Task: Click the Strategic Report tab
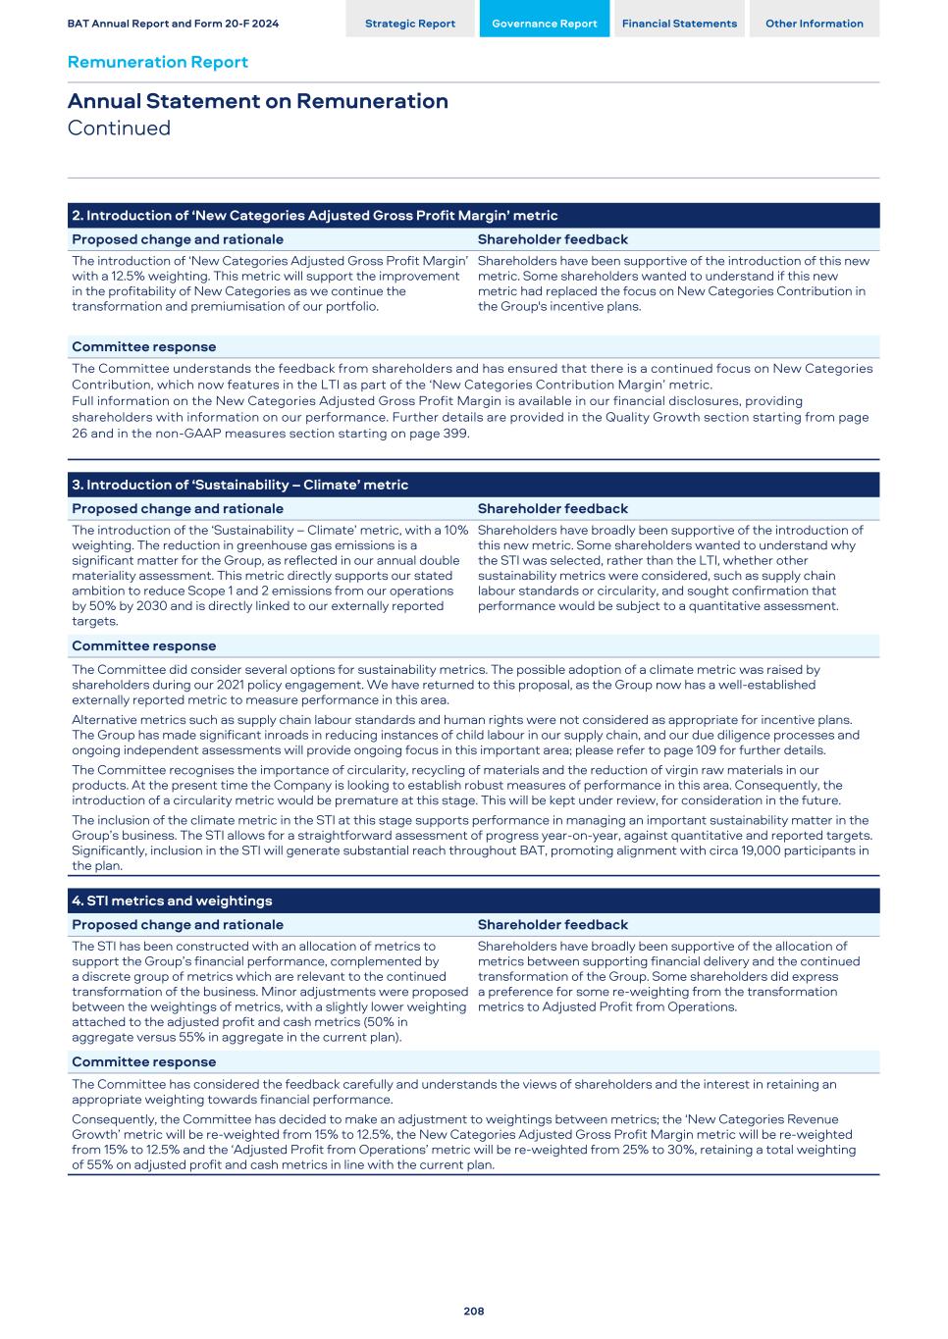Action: coord(410,24)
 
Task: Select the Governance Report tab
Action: coord(544,24)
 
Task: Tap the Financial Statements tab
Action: coord(679,24)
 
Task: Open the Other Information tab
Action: coord(814,24)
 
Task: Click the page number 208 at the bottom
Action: coord(474,1311)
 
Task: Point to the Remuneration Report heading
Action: coord(157,62)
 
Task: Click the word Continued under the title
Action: coord(119,129)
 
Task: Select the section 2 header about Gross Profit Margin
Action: coord(314,216)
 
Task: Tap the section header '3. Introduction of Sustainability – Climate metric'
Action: coord(239,485)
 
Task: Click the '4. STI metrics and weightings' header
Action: coord(172,901)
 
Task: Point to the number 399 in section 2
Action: coord(456,433)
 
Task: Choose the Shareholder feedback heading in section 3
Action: coord(553,508)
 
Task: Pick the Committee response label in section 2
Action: coord(143,346)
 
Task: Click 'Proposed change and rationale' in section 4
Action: coord(177,924)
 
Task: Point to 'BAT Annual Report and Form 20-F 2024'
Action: coord(173,24)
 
